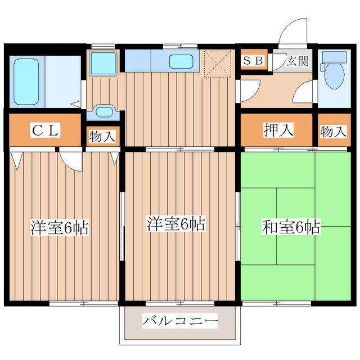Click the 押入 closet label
click(278, 130)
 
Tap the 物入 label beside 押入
click(333, 132)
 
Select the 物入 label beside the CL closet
click(102, 136)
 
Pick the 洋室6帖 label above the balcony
click(175, 223)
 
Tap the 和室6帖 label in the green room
click(291, 228)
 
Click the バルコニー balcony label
click(179, 321)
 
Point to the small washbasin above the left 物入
click(103, 111)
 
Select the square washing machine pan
click(102, 62)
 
